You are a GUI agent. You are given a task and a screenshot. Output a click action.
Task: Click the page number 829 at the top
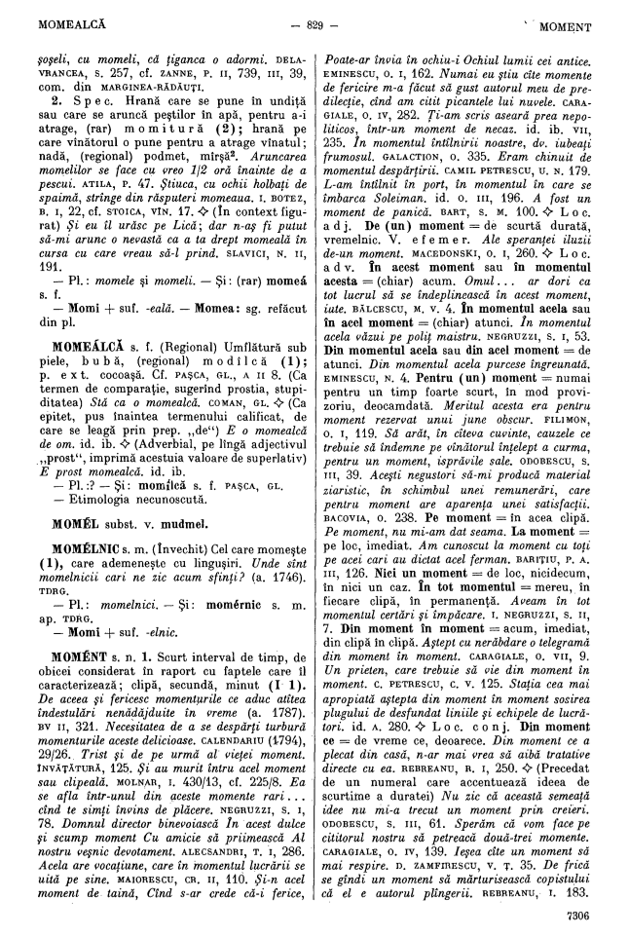[x=314, y=21]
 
